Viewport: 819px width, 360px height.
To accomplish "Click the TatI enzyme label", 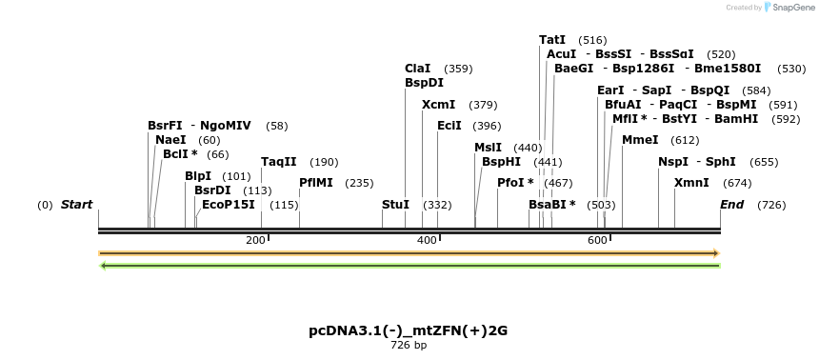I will pos(552,40).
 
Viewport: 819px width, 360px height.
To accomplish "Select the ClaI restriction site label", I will pos(417,69).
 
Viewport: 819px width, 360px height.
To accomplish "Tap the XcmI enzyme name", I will pos(438,105).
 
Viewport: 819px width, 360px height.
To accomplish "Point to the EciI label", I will pos(449,126).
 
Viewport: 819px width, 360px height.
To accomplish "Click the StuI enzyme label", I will pos(395,205).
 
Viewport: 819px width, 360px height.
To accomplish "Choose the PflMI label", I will pos(315,182).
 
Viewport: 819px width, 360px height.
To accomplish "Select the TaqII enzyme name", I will pos(279,162).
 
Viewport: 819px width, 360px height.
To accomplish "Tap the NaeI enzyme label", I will pos(170,140).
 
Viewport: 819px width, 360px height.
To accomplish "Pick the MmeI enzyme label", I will pos(640,140).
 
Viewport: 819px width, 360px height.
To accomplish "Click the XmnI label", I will pos(691,182).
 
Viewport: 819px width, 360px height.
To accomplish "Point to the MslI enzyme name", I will pos(488,148).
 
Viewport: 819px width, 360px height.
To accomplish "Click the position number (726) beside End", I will pos(771,205).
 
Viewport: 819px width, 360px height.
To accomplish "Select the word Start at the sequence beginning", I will pos(76,205).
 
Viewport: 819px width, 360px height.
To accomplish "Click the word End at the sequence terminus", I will pos(731,205).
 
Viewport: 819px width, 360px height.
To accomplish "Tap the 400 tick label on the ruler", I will pos(427,240).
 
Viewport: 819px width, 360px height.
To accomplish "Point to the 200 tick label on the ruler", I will pos(255,240).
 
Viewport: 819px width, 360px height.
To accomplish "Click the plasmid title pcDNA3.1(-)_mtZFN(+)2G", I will pos(408,330).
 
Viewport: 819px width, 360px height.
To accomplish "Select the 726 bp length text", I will pos(408,345).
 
